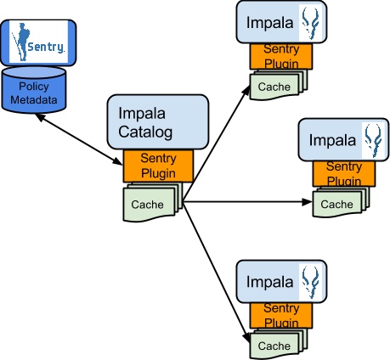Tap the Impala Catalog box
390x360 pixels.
tap(156, 121)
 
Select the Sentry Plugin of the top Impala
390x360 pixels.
tap(281, 57)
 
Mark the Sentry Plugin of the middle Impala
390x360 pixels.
tap(344, 174)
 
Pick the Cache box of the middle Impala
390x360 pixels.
tap(336, 204)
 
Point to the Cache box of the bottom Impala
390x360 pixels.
tap(274, 345)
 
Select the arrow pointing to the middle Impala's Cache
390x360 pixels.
tap(246, 203)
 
